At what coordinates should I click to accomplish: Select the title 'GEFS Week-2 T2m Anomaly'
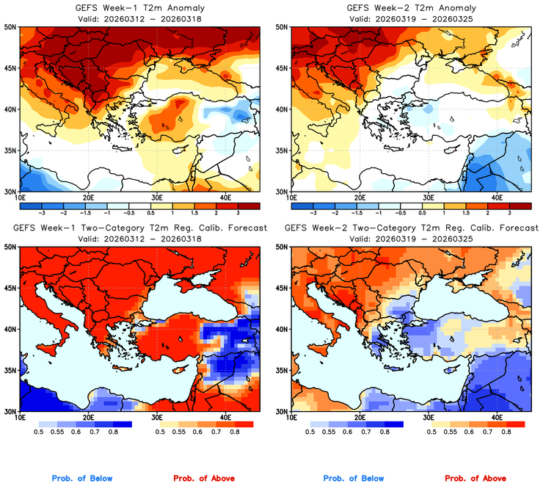[410, 7]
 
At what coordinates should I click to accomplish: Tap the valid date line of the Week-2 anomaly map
[410, 18]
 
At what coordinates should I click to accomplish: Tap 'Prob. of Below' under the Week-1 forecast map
[81, 479]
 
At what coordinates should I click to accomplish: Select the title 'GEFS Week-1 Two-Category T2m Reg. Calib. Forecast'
[139, 228]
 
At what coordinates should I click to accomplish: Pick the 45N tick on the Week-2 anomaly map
[283, 68]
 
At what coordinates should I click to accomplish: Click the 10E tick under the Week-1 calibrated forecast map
[20, 418]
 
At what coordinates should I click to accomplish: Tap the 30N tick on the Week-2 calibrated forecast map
[283, 411]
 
